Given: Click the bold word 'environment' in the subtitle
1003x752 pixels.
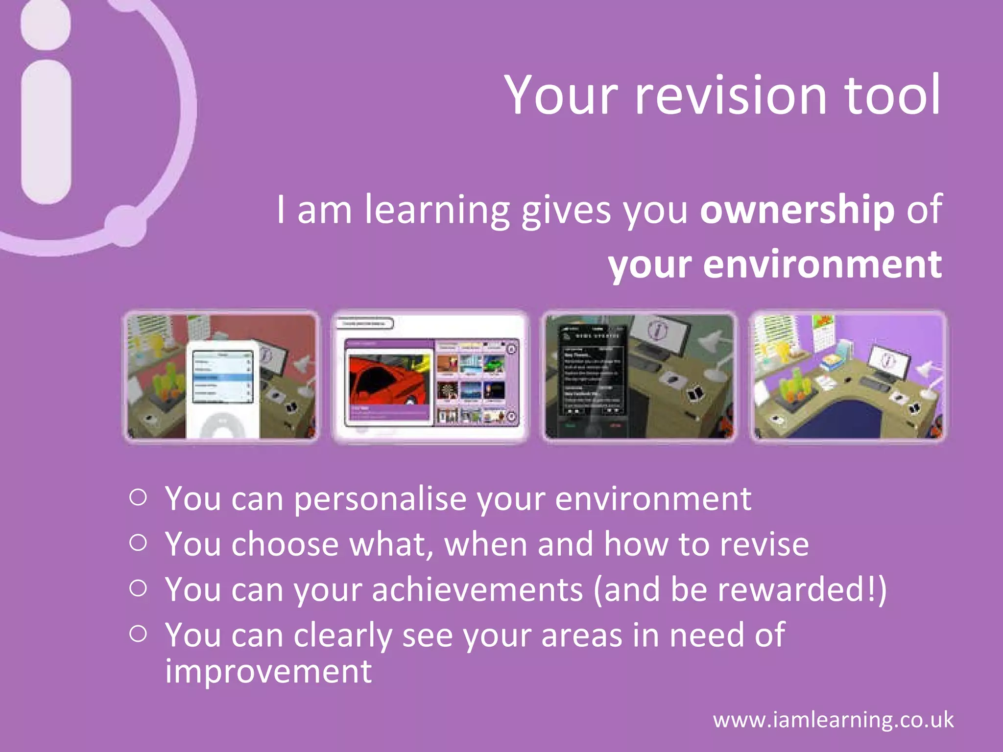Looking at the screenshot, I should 822,264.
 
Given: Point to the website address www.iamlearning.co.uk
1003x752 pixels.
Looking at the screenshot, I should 833,720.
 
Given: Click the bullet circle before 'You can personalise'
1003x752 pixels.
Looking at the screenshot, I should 138,497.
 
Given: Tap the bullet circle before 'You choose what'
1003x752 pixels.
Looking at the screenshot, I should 138,542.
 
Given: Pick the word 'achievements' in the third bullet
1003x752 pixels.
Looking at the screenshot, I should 478,589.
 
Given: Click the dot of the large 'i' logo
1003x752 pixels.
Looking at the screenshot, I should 47,24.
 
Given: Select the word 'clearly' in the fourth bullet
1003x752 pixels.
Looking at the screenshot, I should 342,635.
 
